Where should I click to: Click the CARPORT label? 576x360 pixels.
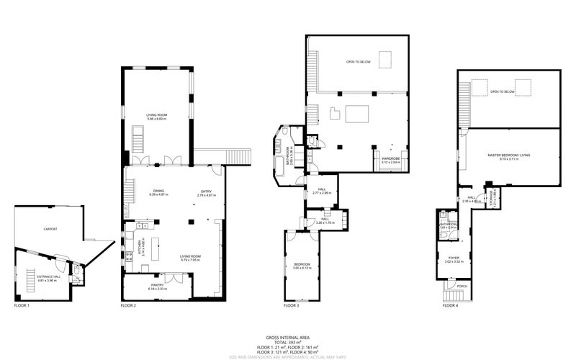pyautogui.click(x=49, y=229)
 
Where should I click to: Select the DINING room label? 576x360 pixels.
pyautogui.click(x=158, y=191)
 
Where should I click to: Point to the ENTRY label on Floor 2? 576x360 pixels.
pyautogui.click(x=206, y=191)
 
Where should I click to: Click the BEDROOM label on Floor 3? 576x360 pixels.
pyautogui.click(x=302, y=264)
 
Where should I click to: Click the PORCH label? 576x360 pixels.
pyautogui.click(x=462, y=286)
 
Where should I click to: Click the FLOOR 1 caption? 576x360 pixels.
pyautogui.click(x=22, y=306)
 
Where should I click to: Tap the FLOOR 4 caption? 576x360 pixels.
pyautogui.click(x=451, y=306)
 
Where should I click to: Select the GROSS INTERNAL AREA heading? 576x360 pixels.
pyautogui.click(x=287, y=337)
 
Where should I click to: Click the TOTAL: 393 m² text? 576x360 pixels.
pyautogui.click(x=287, y=342)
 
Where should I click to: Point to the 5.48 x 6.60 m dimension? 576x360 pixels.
pyautogui.click(x=156, y=119)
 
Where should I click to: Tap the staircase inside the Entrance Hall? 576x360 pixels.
pyautogui.click(x=30, y=276)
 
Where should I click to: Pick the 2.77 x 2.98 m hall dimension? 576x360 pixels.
pyautogui.click(x=321, y=193)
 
